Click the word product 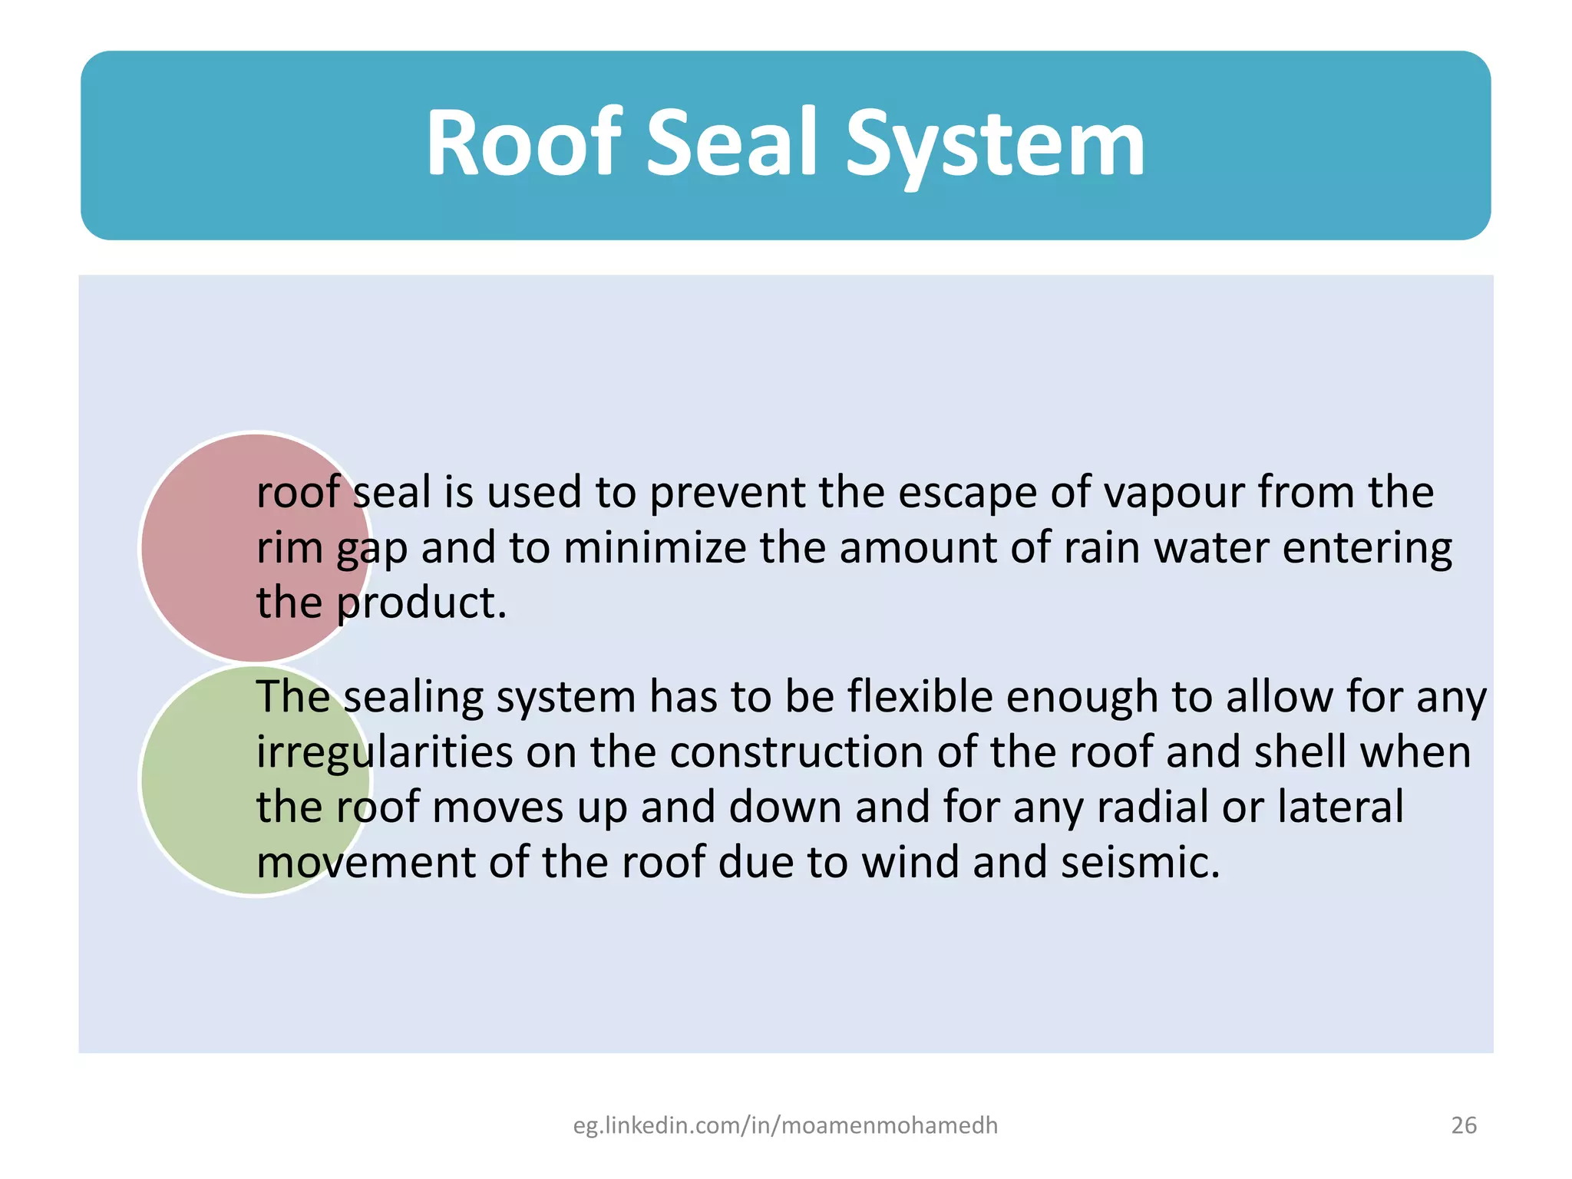[421, 603]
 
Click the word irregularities [384, 752]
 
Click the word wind [910, 863]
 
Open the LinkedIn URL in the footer [785, 1125]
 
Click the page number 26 [1463, 1125]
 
